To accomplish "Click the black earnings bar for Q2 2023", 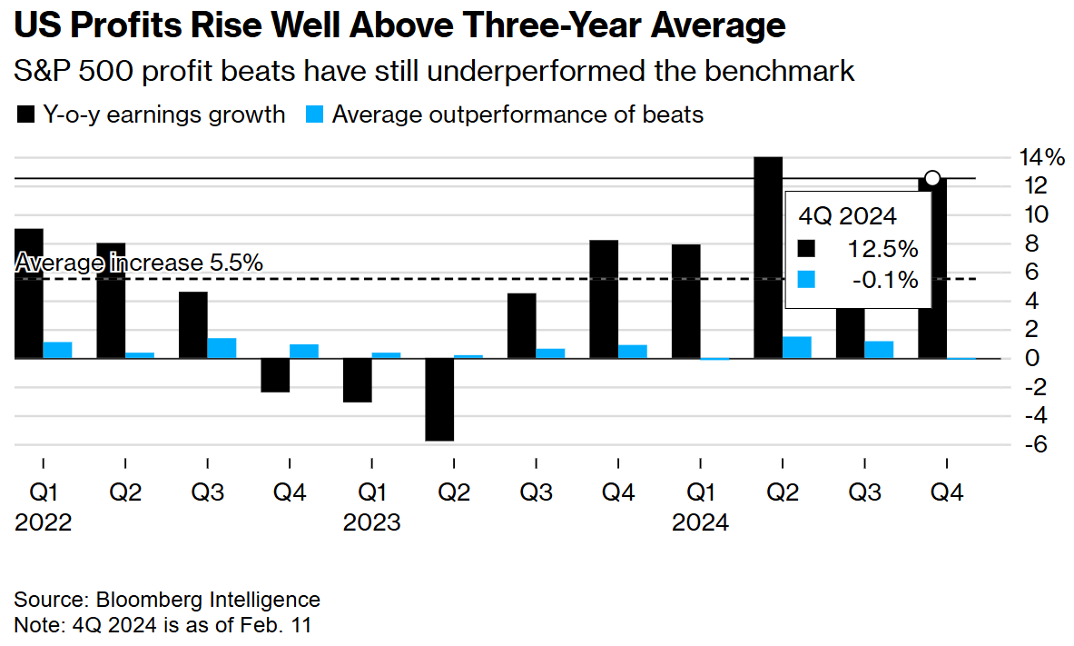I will [x=439, y=400].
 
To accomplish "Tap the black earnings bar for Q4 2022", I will [x=275, y=375].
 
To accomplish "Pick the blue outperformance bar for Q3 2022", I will [x=222, y=348].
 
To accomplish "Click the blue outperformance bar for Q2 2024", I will [x=796, y=347].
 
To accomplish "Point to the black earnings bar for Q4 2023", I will [x=604, y=299].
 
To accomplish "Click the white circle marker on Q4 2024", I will [x=931, y=178].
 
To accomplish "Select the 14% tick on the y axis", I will [x=1040, y=157].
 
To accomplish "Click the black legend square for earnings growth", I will [x=25, y=115].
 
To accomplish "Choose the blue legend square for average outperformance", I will [x=313, y=115].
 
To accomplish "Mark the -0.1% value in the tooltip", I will [x=886, y=280].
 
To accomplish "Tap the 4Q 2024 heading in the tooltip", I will [x=847, y=216].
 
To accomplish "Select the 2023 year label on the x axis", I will [x=371, y=523].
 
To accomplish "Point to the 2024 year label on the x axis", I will [x=700, y=523].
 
